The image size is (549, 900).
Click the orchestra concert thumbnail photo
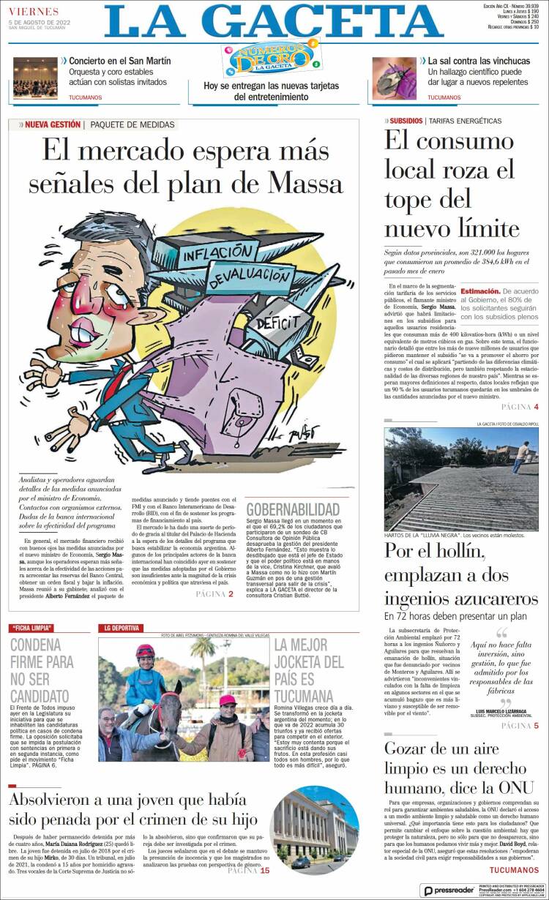point(35,78)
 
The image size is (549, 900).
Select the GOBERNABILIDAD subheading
point(293,509)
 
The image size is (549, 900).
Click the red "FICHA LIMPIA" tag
point(40,628)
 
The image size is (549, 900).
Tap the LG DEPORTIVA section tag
point(120,628)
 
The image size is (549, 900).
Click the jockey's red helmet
point(146,650)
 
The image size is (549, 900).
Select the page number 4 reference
point(536,407)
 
